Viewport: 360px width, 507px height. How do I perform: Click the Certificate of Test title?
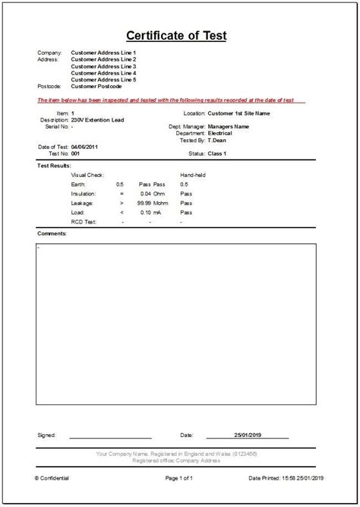click(175, 36)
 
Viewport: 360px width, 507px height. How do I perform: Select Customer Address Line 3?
click(103, 66)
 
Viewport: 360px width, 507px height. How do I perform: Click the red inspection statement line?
click(171, 100)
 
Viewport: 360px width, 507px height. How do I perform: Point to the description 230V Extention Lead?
click(97, 119)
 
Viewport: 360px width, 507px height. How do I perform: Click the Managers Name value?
click(229, 126)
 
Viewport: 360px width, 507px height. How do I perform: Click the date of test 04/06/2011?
click(86, 147)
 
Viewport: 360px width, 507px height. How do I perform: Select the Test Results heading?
click(54, 165)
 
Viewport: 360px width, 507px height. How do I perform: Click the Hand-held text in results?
click(193, 175)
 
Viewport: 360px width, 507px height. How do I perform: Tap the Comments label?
click(52, 233)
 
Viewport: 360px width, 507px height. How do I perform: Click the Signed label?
click(46, 436)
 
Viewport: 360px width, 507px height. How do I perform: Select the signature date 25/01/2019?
click(248, 436)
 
